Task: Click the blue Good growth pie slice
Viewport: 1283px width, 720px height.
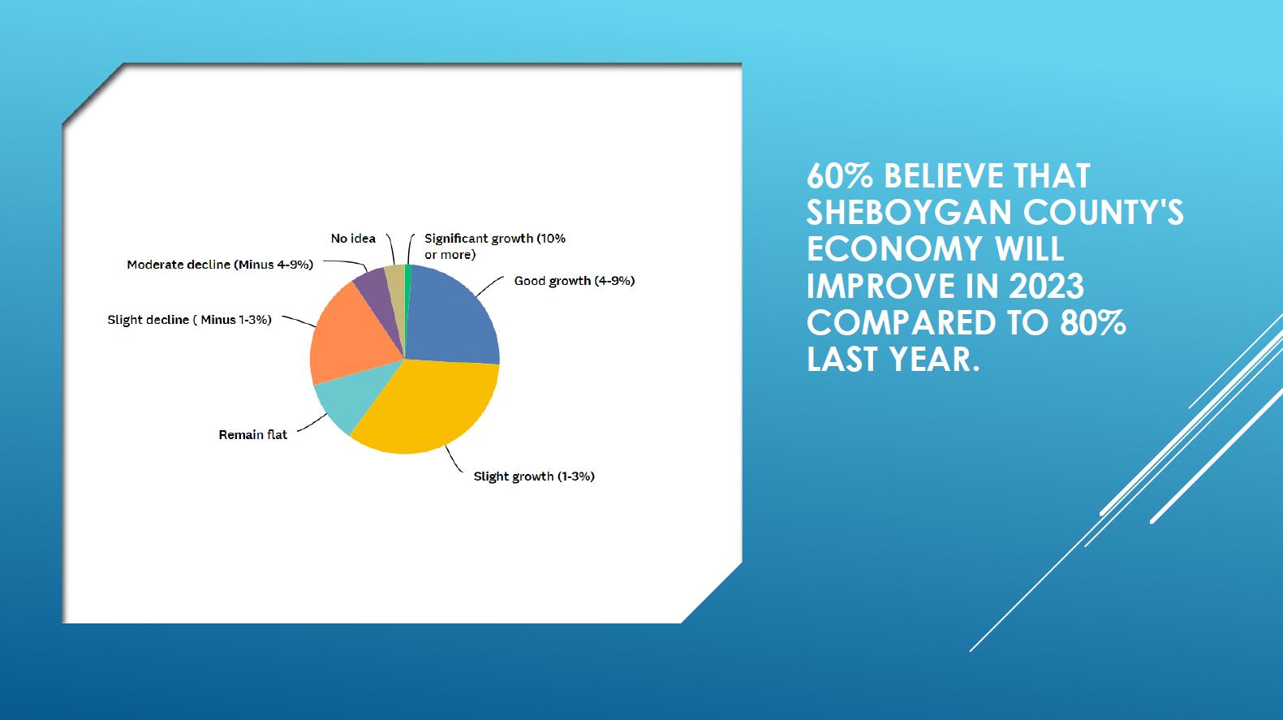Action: [453, 318]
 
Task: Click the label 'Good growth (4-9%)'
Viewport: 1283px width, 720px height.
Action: [575, 281]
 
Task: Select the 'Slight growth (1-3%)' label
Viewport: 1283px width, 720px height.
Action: [534, 476]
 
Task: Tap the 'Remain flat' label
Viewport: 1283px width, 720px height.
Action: [252, 435]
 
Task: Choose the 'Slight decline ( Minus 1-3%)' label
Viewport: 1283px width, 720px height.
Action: [190, 320]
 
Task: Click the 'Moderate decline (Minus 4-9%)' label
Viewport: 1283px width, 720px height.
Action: [220, 265]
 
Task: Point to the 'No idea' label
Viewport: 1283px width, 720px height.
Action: [353, 239]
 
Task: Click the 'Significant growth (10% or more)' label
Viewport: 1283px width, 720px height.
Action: [495, 246]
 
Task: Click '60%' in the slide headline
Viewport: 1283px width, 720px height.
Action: [840, 176]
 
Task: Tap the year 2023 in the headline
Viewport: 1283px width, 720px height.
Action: [1046, 286]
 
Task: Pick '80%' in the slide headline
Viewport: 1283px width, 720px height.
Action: [1093, 322]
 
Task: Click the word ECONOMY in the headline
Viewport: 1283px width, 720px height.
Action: [895, 249]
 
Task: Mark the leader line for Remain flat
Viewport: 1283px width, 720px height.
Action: [312, 424]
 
